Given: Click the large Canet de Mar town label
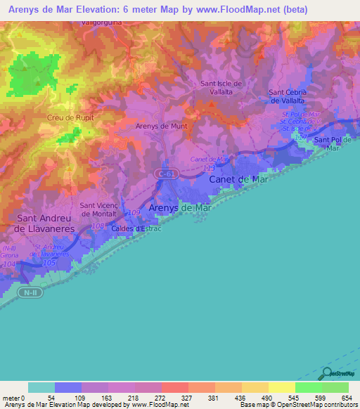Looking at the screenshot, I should click(238, 179).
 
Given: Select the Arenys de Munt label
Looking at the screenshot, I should click(161, 126).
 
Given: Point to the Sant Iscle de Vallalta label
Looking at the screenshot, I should click(221, 88).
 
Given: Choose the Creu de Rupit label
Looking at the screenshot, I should click(70, 117).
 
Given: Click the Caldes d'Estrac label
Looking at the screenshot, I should click(140, 228).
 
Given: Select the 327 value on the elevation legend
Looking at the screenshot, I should click(188, 398).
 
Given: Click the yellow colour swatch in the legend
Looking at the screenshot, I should click(281, 387).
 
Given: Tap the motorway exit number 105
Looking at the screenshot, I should click(49, 262).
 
